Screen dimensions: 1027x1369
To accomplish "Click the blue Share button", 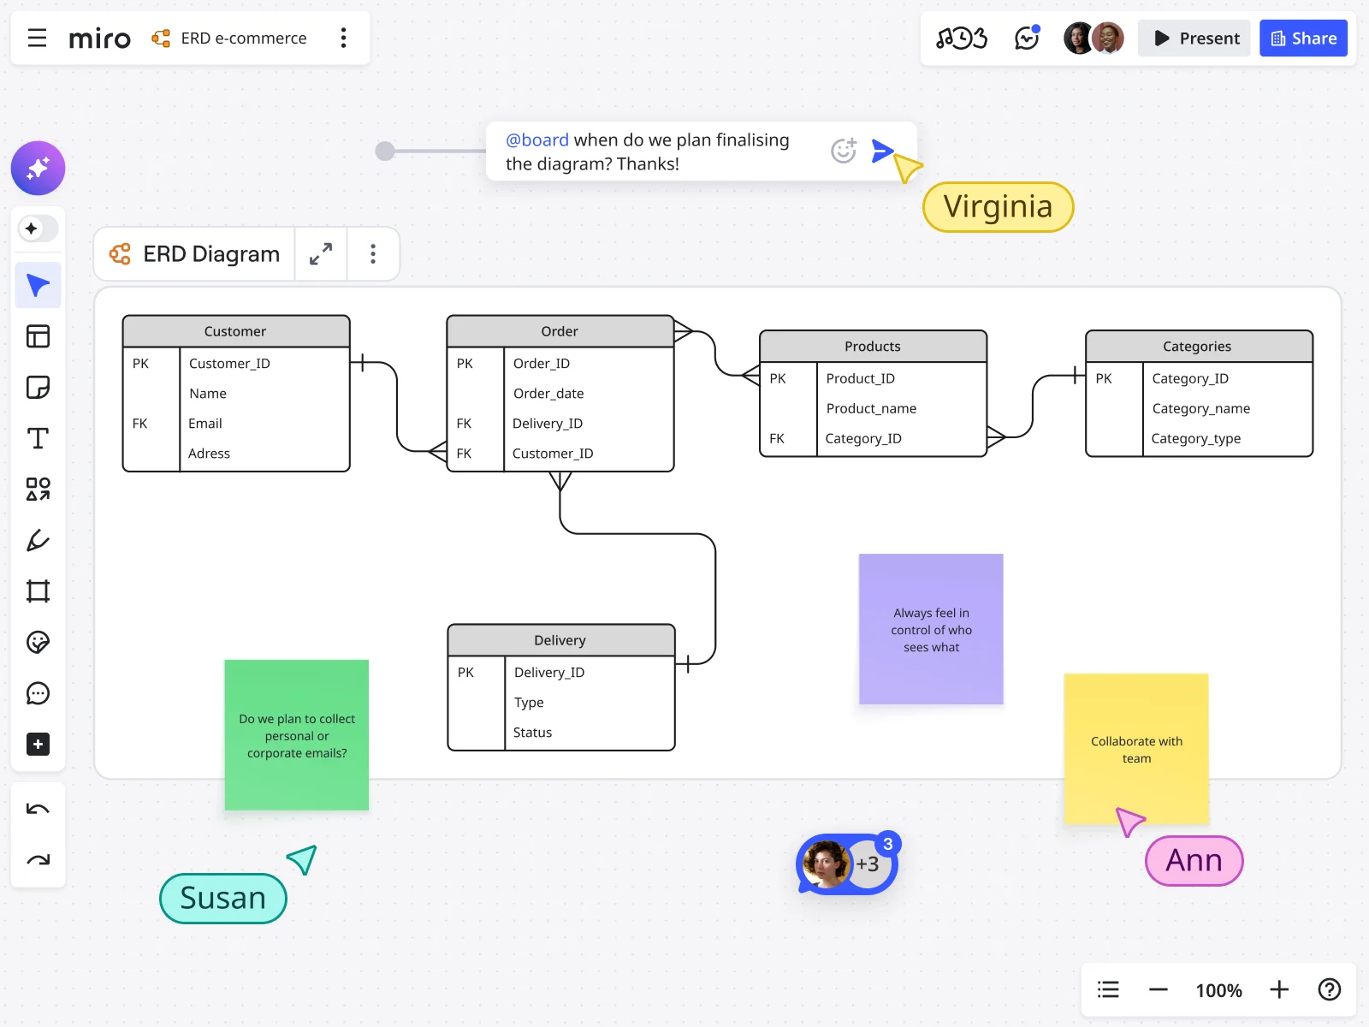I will pos(1303,39).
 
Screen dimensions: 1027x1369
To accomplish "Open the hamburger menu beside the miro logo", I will pos(37,39).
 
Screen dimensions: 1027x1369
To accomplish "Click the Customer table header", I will pos(235,331).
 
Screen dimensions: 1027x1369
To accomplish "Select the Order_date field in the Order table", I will pos(548,394).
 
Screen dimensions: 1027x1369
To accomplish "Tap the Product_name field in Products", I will pos(871,408).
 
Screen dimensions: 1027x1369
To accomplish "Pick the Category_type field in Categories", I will pos(1195,438).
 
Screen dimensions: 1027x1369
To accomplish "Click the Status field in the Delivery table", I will pos(532,733).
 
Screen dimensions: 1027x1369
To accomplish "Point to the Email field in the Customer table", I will pos(205,424).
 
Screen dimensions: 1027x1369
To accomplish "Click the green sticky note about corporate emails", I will pos(296,734).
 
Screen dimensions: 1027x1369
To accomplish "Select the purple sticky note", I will pos(931,629).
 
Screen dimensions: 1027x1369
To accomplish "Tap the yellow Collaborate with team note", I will pos(1136,749).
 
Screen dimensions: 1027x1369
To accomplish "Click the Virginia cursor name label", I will pos(998,207).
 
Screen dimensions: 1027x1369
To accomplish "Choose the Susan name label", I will pos(222,898).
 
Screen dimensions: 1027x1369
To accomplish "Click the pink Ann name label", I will pos(1194,860).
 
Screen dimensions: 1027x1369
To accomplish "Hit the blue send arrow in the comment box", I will pos(881,151).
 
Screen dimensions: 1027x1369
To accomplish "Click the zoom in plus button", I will pos(1279,990).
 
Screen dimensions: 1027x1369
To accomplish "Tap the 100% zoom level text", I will pos(1218,990).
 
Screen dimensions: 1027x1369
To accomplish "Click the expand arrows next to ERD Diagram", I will pos(321,254).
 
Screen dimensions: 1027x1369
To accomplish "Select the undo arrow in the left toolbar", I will pos(38,809).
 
